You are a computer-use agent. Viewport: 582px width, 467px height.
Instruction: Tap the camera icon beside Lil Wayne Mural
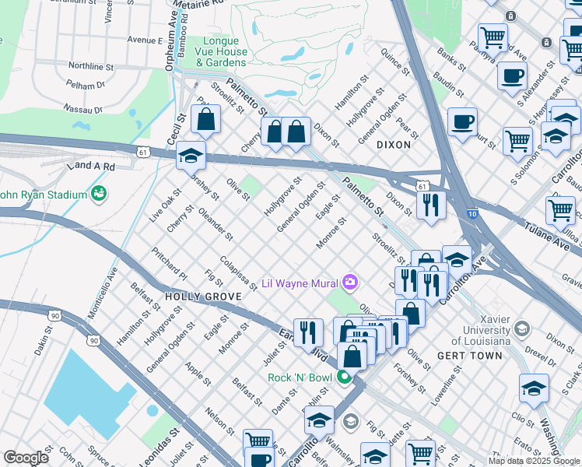(x=351, y=281)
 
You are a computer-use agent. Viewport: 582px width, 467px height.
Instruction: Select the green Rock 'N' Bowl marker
(x=345, y=377)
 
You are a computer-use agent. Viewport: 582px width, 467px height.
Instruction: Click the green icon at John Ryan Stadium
(x=99, y=193)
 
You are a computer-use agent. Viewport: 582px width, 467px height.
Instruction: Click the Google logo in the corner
(x=26, y=458)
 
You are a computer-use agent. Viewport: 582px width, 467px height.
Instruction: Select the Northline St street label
(x=91, y=66)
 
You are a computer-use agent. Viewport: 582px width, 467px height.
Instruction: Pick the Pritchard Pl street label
(x=170, y=265)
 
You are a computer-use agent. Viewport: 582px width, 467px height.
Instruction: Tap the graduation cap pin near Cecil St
(x=191, y=156)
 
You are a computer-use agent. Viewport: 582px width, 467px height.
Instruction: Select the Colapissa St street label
(x=238, y=273)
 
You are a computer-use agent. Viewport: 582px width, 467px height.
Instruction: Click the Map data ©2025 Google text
(x=534, y=461)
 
